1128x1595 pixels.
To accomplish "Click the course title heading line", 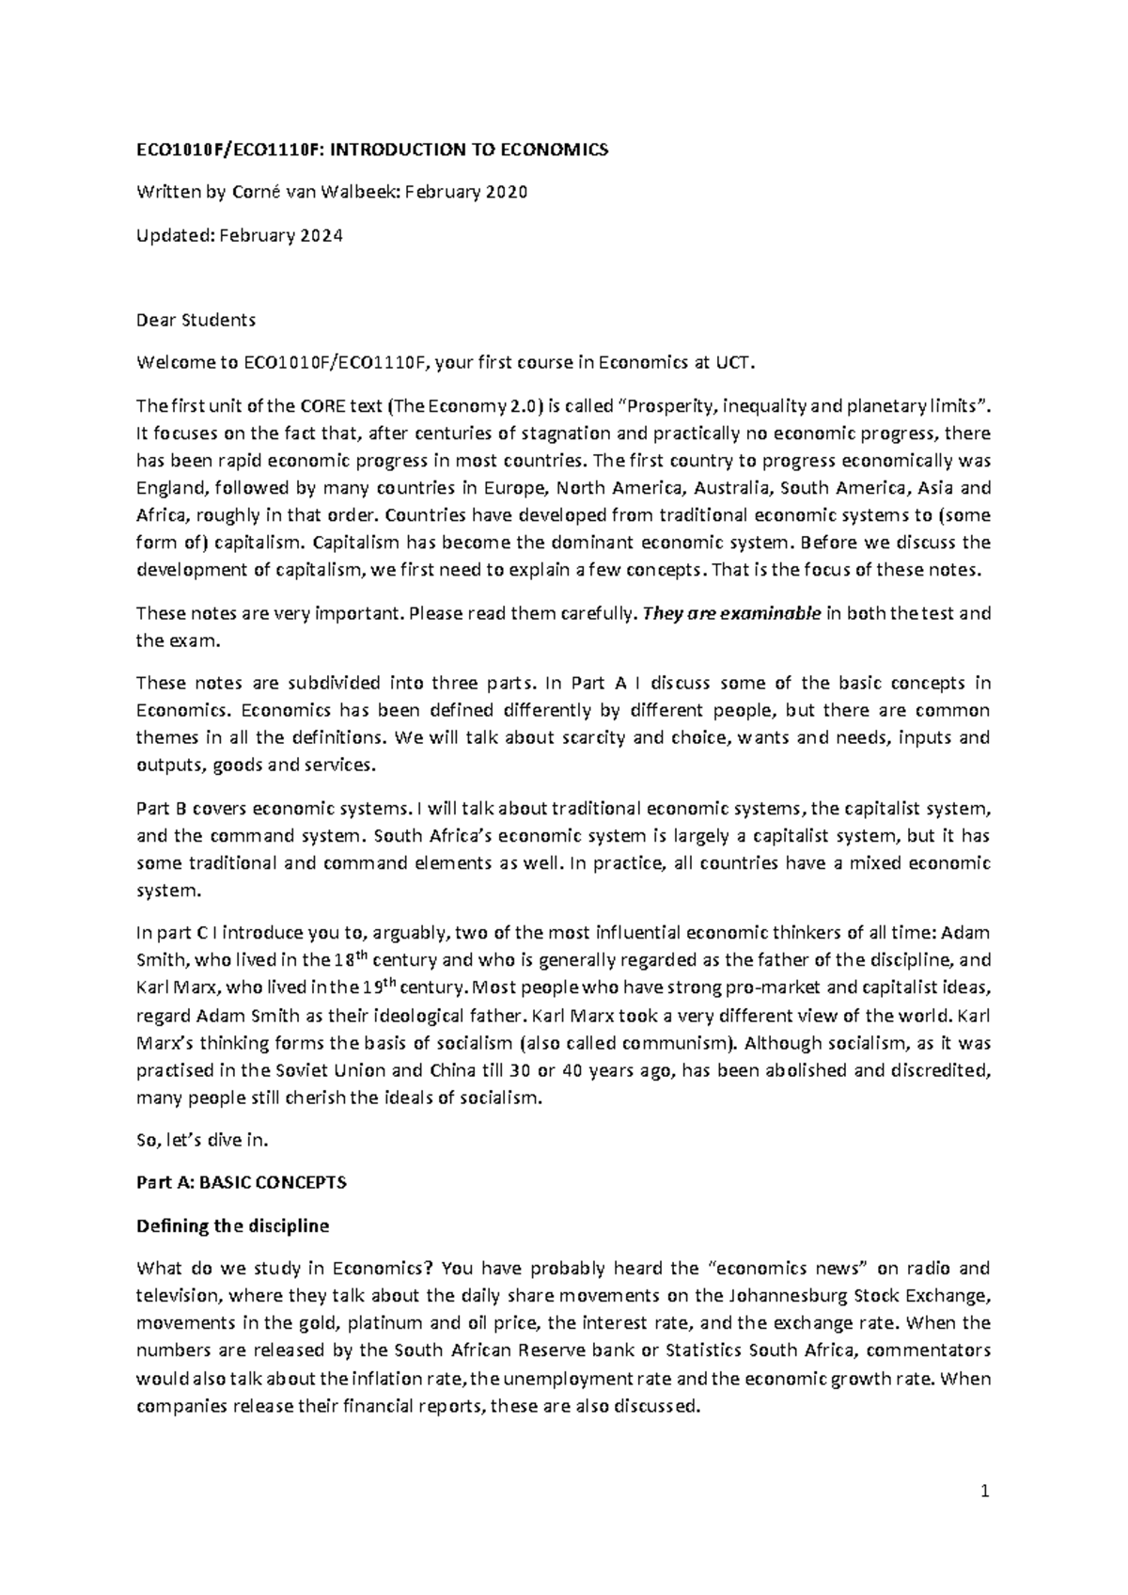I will (372, 150).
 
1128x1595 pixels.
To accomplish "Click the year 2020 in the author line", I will (506, 193).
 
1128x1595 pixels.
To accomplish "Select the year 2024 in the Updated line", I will (321, 236).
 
